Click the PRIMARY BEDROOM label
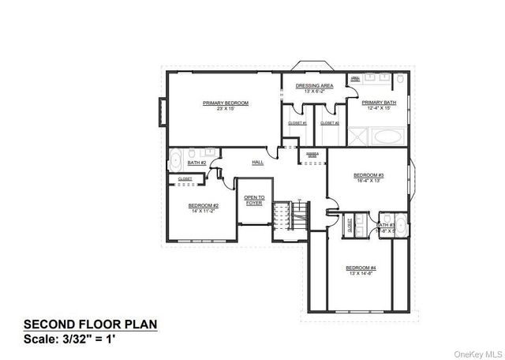[226, 103]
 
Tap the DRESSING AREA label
[314, 85]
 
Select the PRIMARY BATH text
[379, 103]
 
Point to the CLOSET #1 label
[297, 123]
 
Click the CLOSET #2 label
[330, 123]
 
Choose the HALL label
[257, 163]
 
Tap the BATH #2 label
[196, 163]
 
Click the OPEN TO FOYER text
[253, 200]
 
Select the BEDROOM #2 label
[204, 205]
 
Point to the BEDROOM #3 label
[368, 174]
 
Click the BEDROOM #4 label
[361, 268]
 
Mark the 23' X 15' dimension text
[226, 109]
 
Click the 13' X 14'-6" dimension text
[361, 274]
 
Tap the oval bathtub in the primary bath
[387, 137]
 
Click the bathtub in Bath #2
[176, 156]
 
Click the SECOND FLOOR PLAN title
[90, 324]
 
